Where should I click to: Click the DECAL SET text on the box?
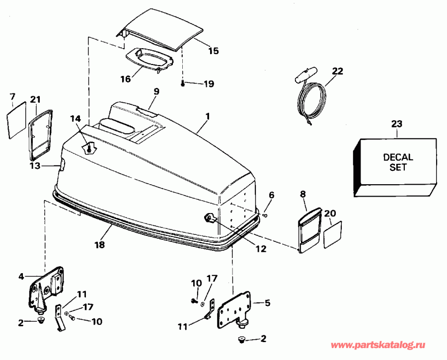pyautogui.click(x=398, y=162)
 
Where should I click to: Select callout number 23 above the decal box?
pyautogui.click(x=397, y=124)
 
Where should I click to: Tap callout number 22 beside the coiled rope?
pyautogui.click(x=337, y=71)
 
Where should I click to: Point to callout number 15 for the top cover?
pyautogui.click(x=213, y=51)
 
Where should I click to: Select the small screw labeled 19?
pyautogui.click(x=183, y=83)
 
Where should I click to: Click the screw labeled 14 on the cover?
pyautogui.click(x=89, y=147)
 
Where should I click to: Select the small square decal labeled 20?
pyautogui.click(x=332, y=235)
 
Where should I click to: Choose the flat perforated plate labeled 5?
pyautogui.click(x=232, y=310)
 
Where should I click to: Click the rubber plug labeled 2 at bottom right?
pyautogui.click(x=241, y=340)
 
